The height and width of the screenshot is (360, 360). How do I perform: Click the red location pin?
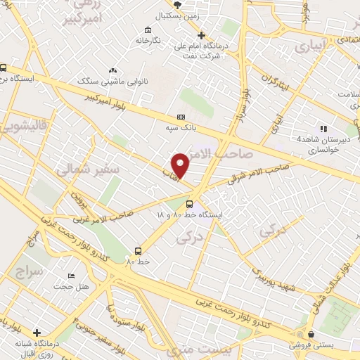tap(181, 165)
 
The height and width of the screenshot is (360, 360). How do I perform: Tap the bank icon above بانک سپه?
tap(181, 117)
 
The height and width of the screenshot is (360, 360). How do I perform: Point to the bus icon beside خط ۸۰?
tap(138, 251)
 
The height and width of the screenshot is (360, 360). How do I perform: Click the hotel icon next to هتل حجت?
tap(70, 275)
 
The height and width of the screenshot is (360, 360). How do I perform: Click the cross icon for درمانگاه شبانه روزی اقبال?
tap(37, 333)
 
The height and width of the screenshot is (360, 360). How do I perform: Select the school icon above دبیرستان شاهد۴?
tap(323, 129)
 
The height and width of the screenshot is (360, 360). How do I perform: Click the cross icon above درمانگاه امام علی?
tap(202, 35)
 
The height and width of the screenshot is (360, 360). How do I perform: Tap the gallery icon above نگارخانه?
tap(147, 30)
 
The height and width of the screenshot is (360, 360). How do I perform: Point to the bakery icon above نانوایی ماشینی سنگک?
tap(113, 71)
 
